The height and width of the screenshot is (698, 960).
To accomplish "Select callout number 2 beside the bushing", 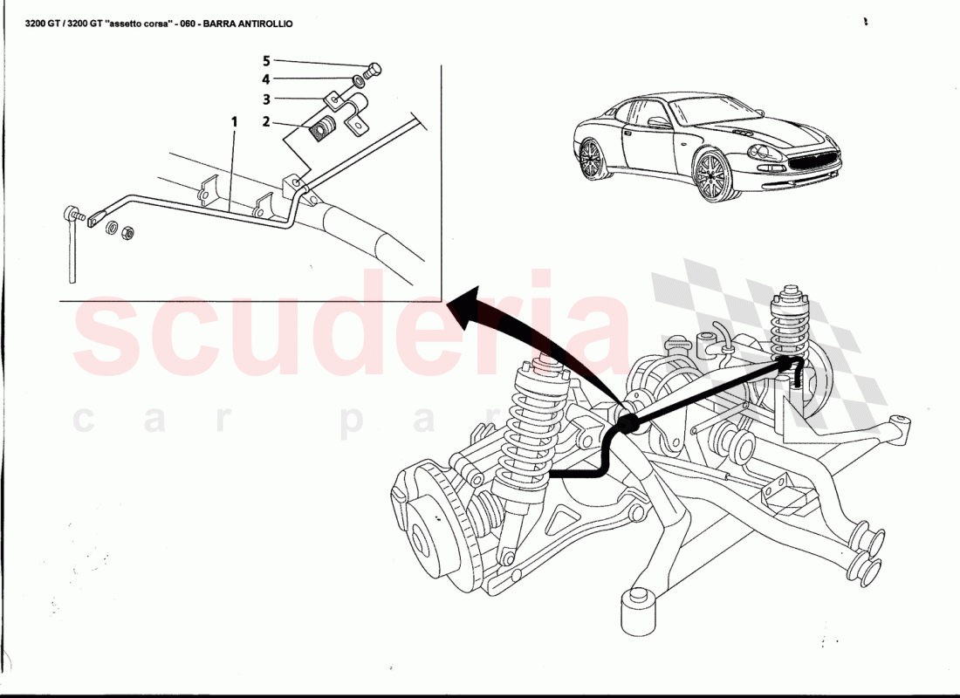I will click(267, 122).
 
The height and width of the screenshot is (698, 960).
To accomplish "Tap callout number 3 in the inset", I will click(267, 99).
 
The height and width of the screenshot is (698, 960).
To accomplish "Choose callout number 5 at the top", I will click(267, 61).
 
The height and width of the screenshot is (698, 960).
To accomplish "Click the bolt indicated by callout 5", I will click(374, 68).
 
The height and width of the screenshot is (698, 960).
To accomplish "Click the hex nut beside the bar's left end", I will click(126, 232).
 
